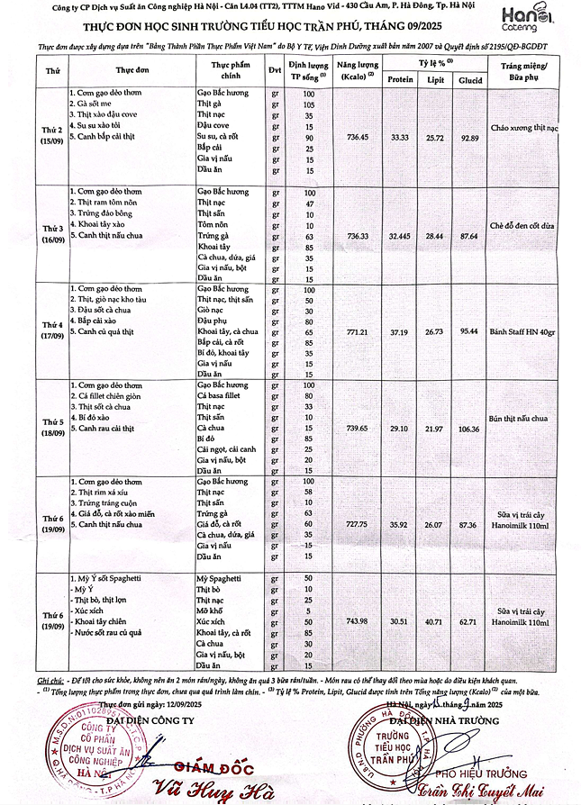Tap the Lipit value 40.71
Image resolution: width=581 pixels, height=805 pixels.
point(435,621)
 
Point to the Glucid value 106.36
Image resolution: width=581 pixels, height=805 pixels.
point(468,428)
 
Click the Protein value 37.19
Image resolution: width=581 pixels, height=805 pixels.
point(397,331)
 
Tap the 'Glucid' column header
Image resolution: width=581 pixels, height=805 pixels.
point(468,79)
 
